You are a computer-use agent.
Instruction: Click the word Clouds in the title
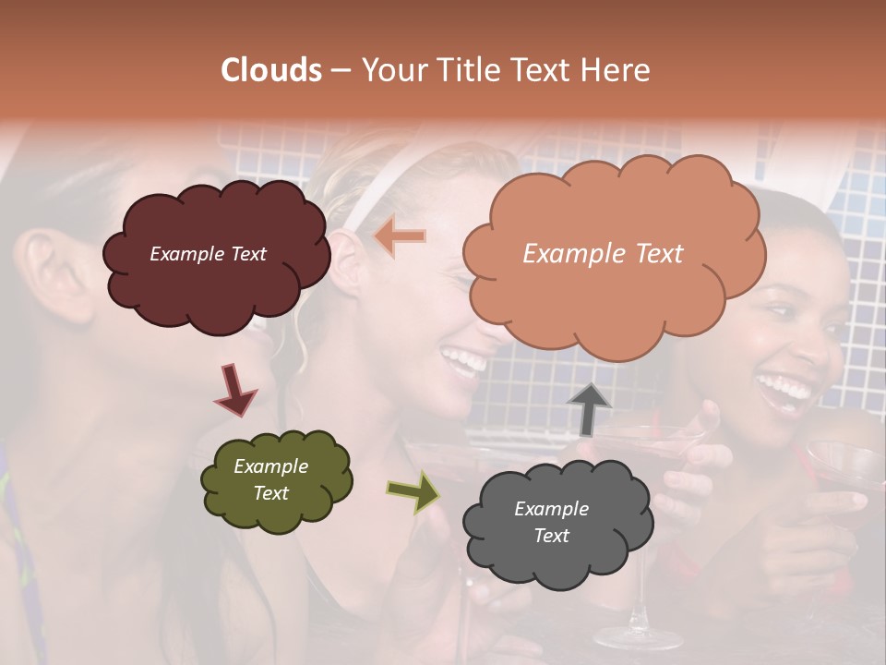(271, 70)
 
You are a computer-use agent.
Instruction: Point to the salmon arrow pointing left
(400, 236)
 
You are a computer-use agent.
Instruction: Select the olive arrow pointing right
(413, 491)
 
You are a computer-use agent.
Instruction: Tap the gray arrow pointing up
(589, 407)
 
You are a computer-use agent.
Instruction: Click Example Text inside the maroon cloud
(208, 254)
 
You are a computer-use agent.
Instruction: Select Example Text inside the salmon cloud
(603, 254)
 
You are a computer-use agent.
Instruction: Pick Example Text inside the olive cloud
(271, 479)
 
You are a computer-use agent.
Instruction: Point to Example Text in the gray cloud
(552, 522)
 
